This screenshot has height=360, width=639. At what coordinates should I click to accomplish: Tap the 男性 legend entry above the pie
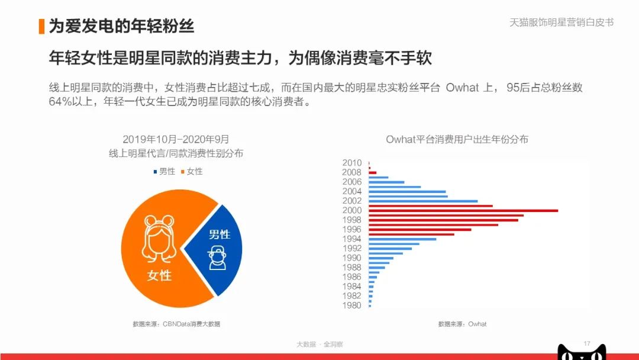pyautogui.click(x=164, y=171)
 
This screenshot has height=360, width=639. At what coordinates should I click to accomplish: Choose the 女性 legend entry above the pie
pyautogui.click(x=192, y=171)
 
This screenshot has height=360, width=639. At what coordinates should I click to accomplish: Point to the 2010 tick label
pyautogui.click(x=351, y=163)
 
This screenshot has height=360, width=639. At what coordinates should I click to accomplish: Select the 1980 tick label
pyautogui.click(x=351, y=306)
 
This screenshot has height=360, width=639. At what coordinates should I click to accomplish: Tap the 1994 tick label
pyautogui.click(x=351, y=239)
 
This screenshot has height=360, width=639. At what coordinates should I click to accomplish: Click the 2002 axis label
pyautogui.click(x=351, y=201)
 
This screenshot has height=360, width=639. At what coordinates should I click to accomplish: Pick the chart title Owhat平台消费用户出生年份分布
pyautogui.click(x=457, y=140)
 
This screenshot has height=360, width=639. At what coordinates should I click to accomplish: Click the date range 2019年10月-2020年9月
pyautogui.click(x=176, y=140)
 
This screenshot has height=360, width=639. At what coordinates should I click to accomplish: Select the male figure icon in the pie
pyautogui.click(x=217, y=257)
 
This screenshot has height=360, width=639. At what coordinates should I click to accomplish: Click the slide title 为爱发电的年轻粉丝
pyautogui.click(x=121, y=26)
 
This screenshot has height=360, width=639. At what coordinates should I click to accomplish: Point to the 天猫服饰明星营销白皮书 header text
pyautogui.click(x=561, y=22)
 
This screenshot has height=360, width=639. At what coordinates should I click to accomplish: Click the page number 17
pyautogui.click(x=587, y=343)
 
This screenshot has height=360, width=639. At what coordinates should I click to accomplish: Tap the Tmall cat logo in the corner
pyautogui.click(x=582, y=353)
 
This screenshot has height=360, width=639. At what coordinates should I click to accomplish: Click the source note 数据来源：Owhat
pyautogui.click(x=462, y=324)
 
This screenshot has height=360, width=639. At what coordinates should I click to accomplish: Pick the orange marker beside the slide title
pyautogui.click(x=41, y=26)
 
